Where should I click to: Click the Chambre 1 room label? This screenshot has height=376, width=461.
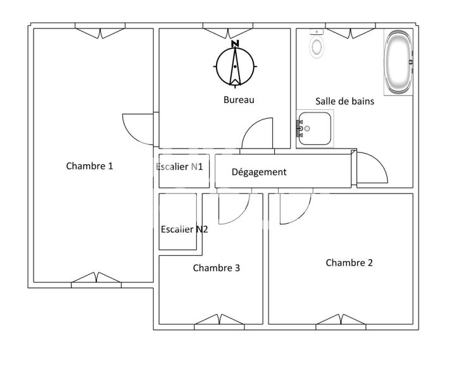coord(89,166)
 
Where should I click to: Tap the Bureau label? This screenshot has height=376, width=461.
coord(239,100)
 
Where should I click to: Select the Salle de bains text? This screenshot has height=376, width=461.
coord(345,100)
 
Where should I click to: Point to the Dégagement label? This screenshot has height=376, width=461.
coord(259,172)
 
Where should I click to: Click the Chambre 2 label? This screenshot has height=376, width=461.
coord(349,263)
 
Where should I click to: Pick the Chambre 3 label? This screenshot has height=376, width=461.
coord(216,268)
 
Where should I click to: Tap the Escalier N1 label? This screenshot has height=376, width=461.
coord(179,167)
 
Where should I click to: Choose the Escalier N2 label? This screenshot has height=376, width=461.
coord(184,229)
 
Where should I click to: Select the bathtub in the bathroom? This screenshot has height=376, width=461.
coord(399,64)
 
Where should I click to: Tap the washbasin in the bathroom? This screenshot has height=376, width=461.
coord(314,130)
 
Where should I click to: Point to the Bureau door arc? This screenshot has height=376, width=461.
coord(257,133)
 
